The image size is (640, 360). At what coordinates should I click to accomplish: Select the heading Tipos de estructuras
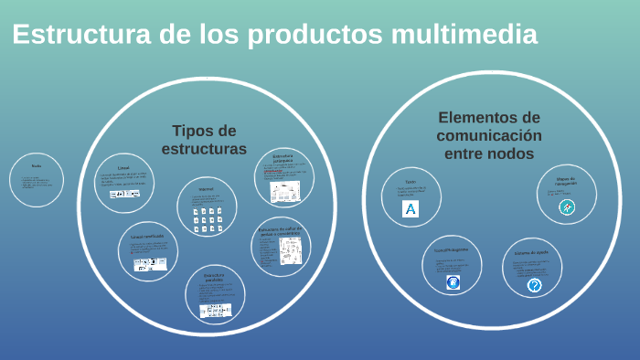[x=204, y=139]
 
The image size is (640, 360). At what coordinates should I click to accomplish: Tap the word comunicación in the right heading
[x=488, y=135]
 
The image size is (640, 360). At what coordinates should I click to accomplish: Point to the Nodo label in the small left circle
[x=37, y=165]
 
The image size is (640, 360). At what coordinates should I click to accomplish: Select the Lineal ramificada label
[x=145, y=236]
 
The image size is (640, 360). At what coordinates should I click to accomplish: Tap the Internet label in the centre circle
[x=206, y=189]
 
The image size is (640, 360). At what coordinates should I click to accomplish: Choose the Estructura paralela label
[x=214, y=277]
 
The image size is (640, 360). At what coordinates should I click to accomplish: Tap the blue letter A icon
[x=411, y=208]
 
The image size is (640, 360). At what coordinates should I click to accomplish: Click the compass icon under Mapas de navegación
[x=567, y=207]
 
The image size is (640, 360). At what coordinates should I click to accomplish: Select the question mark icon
[x=534, y=285]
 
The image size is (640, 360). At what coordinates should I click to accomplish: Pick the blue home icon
[x=452, y=283]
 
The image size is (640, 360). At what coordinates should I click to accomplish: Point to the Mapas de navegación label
[x=565, y=182]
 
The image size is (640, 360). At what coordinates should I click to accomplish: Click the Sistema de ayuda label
[x=530, y=251]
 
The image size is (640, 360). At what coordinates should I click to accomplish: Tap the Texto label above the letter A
[x=411, y=181]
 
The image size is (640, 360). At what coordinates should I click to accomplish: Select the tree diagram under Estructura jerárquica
[x=284, y=192]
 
